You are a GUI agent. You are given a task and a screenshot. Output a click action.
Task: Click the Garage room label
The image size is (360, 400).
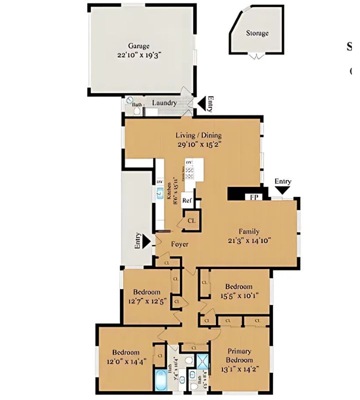point(138,45)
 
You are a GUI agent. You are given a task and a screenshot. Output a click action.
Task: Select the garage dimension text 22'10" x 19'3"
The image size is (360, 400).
point(138,55)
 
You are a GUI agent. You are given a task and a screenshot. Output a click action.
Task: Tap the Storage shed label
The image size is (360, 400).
point(257,33)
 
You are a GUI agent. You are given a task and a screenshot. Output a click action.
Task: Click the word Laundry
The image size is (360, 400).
point(164,103)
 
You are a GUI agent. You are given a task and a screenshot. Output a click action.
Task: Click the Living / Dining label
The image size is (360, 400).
point(198,135)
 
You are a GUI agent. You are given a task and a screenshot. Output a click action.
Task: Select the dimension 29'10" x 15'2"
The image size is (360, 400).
point(198,144)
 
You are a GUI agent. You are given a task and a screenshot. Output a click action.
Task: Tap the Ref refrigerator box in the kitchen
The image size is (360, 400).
point(187,200)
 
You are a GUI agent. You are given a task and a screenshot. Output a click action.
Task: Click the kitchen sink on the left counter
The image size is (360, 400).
point(160,193)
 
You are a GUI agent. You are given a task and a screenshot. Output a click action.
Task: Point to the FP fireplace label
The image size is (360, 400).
point(254,196)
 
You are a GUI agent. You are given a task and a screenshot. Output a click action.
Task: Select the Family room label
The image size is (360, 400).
point(248,231)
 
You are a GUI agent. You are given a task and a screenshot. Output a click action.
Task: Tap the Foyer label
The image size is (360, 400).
point(179,244)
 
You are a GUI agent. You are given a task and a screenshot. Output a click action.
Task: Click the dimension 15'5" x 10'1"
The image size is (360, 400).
point(238,295)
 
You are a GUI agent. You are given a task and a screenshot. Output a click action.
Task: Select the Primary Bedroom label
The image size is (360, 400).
point(239,355)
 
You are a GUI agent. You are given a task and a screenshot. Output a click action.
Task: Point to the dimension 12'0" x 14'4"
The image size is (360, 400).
point(125,361)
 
